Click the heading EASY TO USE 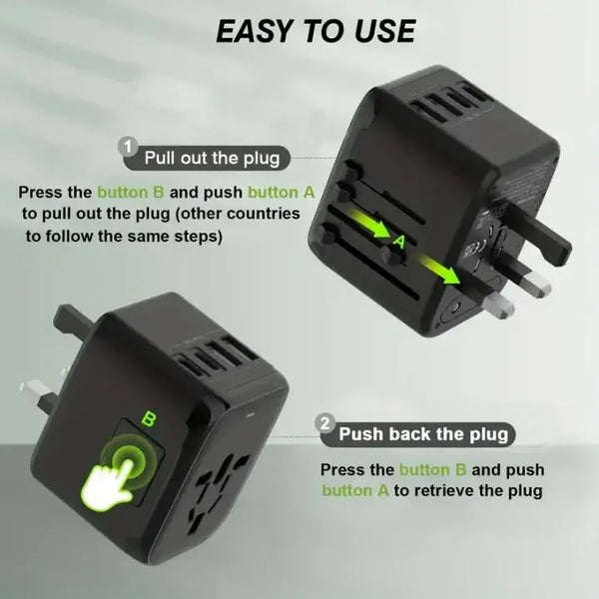315,31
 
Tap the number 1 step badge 128,147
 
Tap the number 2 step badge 324,424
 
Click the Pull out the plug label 212,158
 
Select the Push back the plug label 423,434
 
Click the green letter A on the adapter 398,242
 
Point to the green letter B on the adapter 149,419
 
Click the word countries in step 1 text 264,214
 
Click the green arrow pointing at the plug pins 439,271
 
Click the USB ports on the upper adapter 446,103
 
